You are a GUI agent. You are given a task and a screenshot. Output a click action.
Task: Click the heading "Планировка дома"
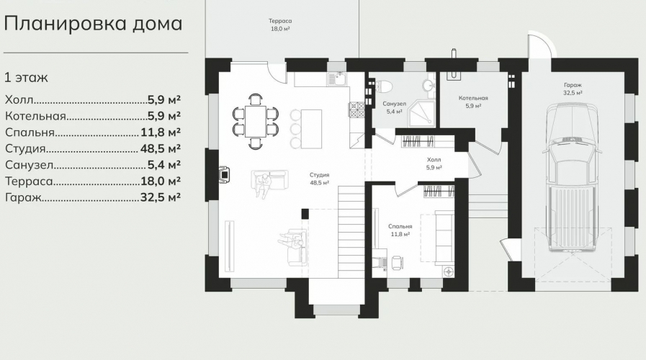[93, 24]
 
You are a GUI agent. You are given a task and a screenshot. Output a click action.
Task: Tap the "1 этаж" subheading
[26, 78]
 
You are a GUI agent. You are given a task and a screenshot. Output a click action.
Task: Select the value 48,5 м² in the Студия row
[161, 148]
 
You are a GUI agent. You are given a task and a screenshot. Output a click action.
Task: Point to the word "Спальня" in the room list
[30, 132]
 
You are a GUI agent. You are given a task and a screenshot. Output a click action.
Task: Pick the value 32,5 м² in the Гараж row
[161, 197]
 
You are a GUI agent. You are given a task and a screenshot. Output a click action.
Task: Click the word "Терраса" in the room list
[29, 181]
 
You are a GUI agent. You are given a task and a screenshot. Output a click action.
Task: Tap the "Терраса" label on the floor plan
[280, 21]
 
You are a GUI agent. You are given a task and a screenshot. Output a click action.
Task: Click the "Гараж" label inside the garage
[573, 85]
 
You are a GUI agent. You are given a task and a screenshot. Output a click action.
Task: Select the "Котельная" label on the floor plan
[473, 98]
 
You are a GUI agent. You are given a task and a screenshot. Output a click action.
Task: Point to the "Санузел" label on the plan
[394, 104]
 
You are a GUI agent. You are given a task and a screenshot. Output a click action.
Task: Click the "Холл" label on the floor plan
[434, 160]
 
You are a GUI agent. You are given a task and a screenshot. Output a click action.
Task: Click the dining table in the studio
[256, 121]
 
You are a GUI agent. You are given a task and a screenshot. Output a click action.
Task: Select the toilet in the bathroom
[382, 86]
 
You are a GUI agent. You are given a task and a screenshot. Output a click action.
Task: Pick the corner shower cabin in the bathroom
[421, 113]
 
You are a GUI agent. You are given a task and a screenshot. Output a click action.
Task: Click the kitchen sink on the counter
[338, 78]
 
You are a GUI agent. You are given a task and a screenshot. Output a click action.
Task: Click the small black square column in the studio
[305, 214]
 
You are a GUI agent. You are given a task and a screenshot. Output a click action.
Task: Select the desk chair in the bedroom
[397, 262]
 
